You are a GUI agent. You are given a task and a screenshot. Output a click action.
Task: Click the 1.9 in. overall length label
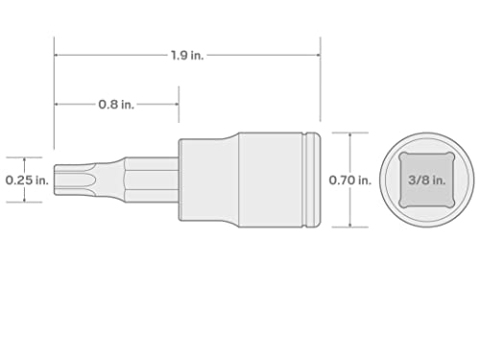pos(187,56)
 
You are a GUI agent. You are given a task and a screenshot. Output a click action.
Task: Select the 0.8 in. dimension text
pos(116,105)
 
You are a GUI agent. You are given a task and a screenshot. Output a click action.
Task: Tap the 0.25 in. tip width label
pos(27,180)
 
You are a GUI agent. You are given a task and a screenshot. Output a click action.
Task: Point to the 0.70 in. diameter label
pos(350,180)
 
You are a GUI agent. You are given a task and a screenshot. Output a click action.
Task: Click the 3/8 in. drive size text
pos(427,180)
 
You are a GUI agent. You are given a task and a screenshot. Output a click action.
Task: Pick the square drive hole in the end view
pos(427,180)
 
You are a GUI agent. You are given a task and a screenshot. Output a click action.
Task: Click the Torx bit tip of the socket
pos(74,180)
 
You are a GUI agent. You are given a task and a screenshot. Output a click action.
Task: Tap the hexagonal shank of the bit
pos(152,180)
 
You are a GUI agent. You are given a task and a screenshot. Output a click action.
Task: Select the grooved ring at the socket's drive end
pos(311,180)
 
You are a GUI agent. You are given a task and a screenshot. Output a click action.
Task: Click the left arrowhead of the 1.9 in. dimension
pos(57,56)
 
